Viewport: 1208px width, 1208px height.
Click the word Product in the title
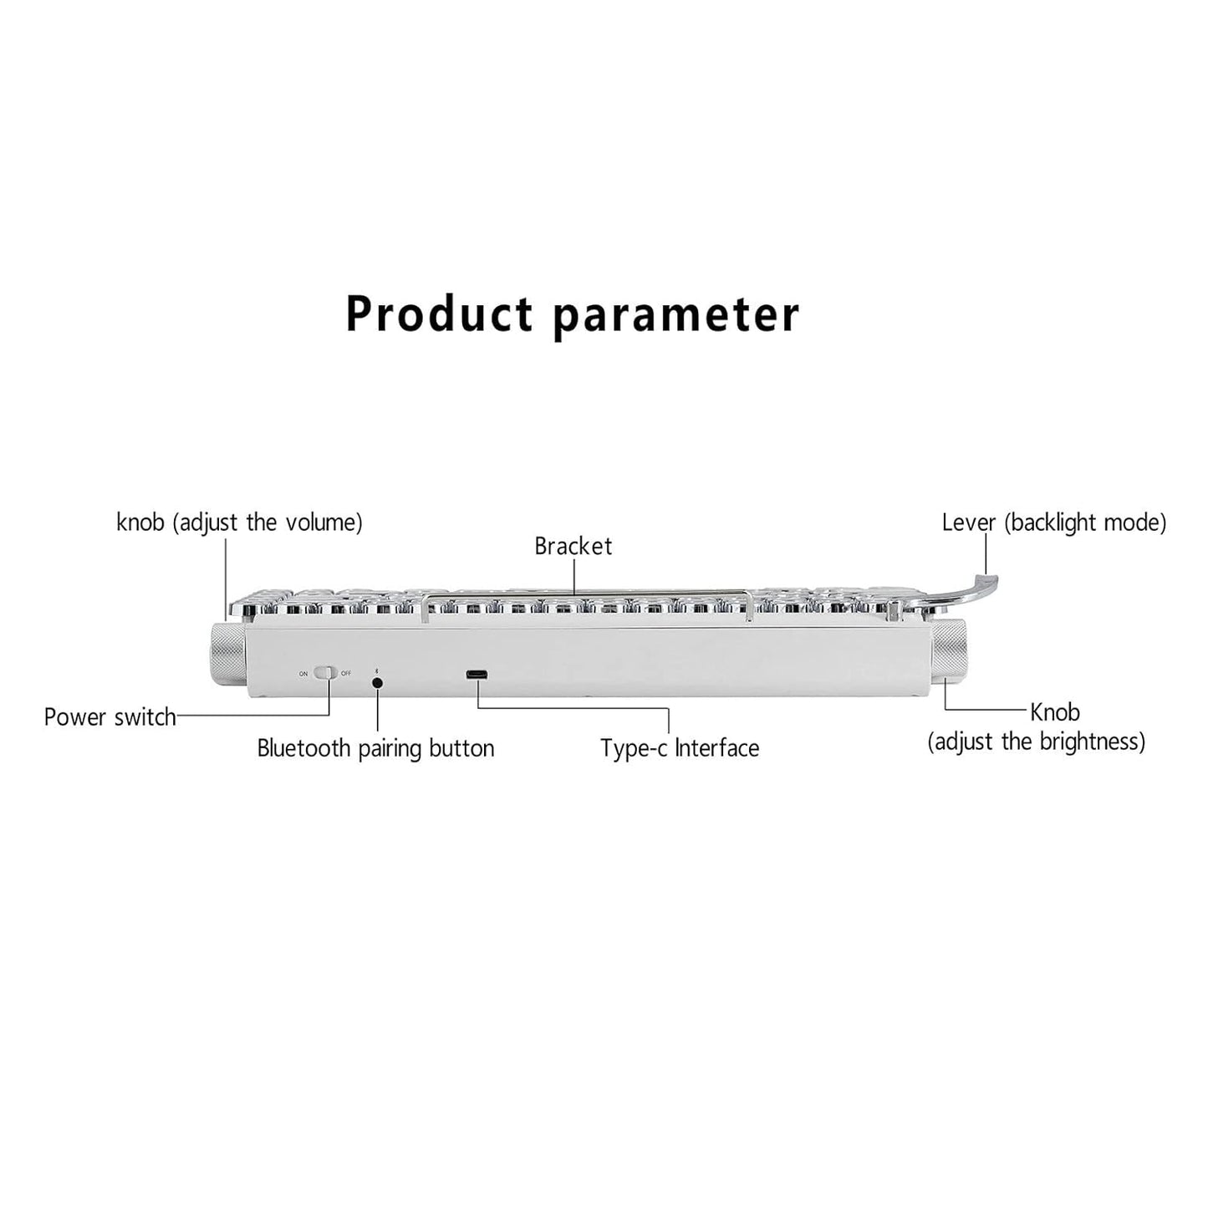point(439,313)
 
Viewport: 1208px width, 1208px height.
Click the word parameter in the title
point(676,317)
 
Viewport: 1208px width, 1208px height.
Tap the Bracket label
point(573,546)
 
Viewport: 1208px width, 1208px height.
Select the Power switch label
point(110,716)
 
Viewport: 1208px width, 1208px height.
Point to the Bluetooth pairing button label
point(375,748)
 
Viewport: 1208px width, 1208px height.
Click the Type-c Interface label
point(680,748)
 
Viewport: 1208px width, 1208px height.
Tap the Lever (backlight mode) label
point(1054,522)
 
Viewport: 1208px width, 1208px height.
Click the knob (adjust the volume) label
point(239,522)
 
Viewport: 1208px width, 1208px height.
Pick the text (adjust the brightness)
point(1037,742)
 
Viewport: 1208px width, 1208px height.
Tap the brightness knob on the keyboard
point(951,653)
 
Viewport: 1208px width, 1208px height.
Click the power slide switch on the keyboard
point(325,673)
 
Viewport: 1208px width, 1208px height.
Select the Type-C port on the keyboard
point(477,675)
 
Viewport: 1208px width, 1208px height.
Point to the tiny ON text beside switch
point(303,674)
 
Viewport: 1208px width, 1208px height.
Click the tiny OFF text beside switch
point(346,674)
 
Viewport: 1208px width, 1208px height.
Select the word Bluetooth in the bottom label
point(304,747)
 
